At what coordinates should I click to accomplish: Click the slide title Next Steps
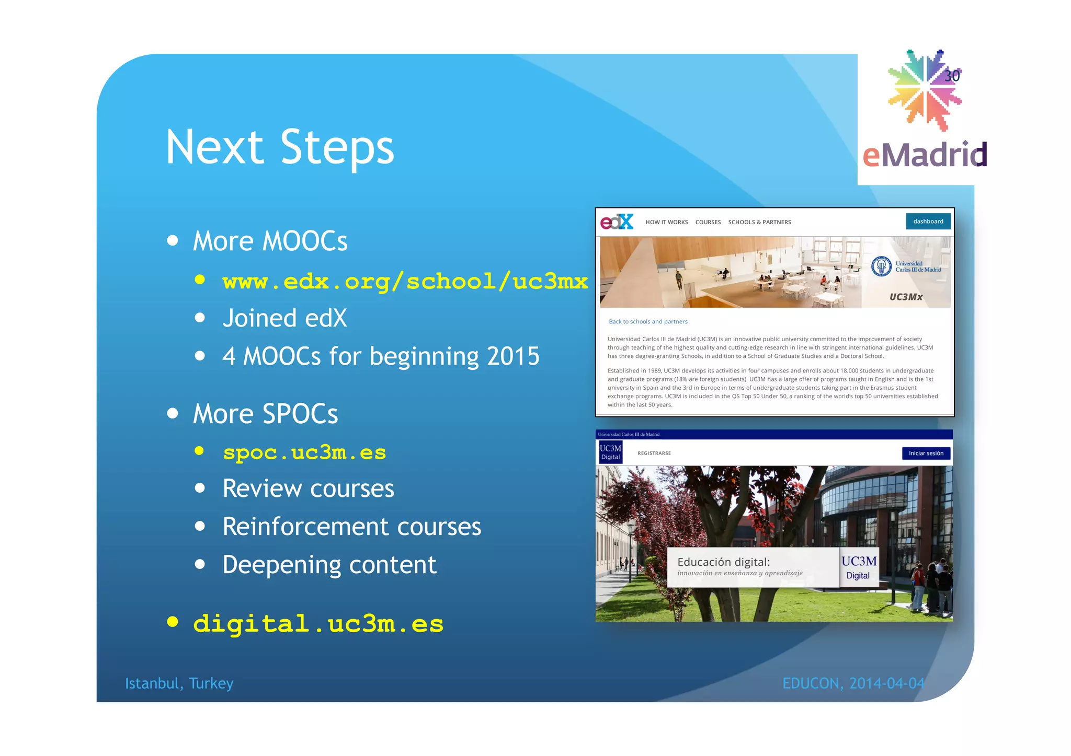(x=280, y=148)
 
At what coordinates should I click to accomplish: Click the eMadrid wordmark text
(x=924, y=155)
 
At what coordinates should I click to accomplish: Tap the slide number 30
(x=952, y=76)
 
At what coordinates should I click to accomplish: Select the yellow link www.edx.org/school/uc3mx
(x=405, y=282)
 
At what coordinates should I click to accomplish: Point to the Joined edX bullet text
(x=284, y=318)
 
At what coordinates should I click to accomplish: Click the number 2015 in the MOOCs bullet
(x=512, y=356)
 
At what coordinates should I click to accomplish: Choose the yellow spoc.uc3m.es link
(x=304, y=452)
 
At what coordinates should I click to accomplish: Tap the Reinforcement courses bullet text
(x=351, y=527)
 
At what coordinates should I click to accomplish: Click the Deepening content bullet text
(x=329, y=565)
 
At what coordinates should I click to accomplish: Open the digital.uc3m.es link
(x=318, y=624)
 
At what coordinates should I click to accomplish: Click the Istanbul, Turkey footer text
(x=179, y=683)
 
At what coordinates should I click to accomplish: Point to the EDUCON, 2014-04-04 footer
(x=853, y=683)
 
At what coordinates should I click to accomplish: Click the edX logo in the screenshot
(x=617, y=222)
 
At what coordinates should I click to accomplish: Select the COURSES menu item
(x=708, y=222)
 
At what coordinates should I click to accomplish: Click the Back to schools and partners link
(x=647, y=322)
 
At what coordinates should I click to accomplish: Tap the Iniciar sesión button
(x=926, y=453)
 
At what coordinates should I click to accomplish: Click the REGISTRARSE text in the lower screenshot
(x=654, y=453)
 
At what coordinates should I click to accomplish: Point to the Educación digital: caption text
(x=723, y=562)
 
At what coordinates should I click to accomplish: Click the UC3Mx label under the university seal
(x=906, y=297)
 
